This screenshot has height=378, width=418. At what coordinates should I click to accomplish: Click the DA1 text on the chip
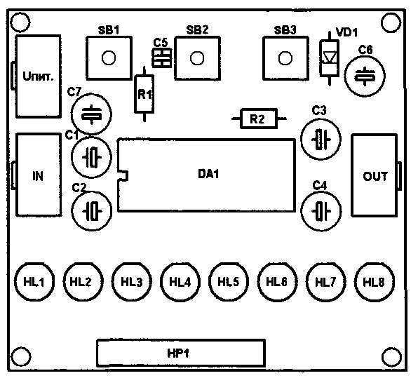coord(208,174)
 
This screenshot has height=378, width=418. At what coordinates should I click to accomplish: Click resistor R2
coord(259,119)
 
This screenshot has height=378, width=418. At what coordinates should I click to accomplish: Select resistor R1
coord(144,94)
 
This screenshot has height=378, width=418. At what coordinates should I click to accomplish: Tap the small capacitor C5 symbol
coord(162,58)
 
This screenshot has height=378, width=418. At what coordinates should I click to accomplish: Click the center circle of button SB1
coord(109,58)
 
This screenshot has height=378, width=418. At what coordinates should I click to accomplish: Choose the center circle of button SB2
coord(197,58)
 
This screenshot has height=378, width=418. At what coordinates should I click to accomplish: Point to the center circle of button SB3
coord(285,58)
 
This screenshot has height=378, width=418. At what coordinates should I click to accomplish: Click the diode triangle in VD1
coord(330,57)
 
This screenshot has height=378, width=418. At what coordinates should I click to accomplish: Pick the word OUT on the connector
coord(375,176)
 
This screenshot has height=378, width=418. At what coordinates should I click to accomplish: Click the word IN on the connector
coord(38,176)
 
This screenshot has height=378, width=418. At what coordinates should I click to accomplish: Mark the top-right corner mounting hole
coord(391,22)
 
